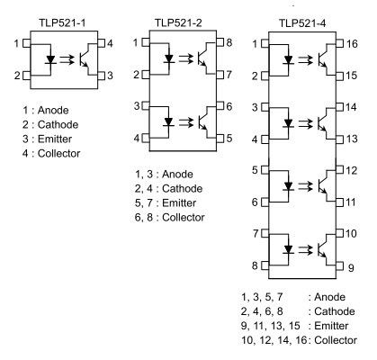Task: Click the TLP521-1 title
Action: pyautogui.click(x=62, y=23)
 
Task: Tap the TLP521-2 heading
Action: pyautogui.click(x=178, y=22)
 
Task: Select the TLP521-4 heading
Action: pyautogui.click(x=302, y=23)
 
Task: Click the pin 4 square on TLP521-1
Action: pyautogui.click(x=102, y=43)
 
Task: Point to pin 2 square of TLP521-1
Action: pyautogui.click(x=27, y=76)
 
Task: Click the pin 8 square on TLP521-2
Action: pyautogui.click(x=220, y=42)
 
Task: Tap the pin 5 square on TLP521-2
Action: pyautogui.click(x=220, y=139)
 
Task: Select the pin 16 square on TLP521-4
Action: pyautogui.click(x=339, y=44)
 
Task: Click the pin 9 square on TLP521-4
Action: pyautogui.click(x=339, y=266)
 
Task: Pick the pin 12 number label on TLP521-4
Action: pyautogui.click(x=352, y=170)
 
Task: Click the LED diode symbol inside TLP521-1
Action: pyautogui.click(x=50, y=59)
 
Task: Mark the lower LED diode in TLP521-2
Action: pyautogui.click(x=169, y=121)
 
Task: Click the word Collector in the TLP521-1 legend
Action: pyautogui.click(x=58, y=154)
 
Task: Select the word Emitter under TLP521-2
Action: pyautogui.click(x=179, y=203)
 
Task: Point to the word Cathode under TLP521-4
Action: pyautogui.click(x=335, y=311)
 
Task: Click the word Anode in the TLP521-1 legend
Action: pyautogui.click(x=53, y=111)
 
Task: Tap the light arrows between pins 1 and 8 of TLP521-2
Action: pyautogui.click(x=186, y=58)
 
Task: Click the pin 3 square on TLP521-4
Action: pyautogui.click(x=265, y=107)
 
